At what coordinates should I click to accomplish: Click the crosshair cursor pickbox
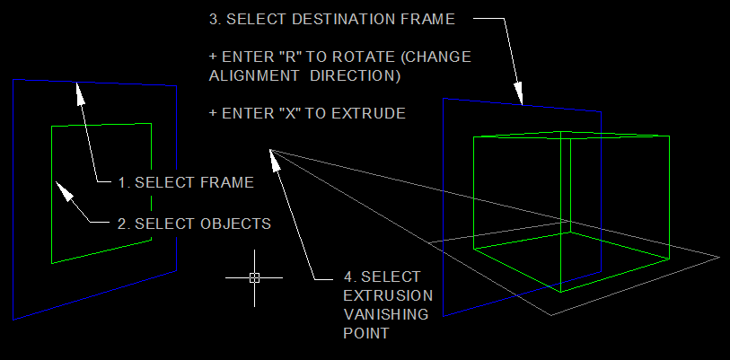(x=254, y=277)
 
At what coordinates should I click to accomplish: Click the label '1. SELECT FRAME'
(x=186, y=182)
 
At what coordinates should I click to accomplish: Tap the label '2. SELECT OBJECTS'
(x=194, y=223)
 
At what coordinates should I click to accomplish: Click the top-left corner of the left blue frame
(x=13, y=79)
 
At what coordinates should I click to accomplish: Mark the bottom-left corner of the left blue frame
(x=13, y=319)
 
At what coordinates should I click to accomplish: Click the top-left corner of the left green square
(x=52, y=127)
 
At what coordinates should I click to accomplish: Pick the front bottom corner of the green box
(x=562, y=292)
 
